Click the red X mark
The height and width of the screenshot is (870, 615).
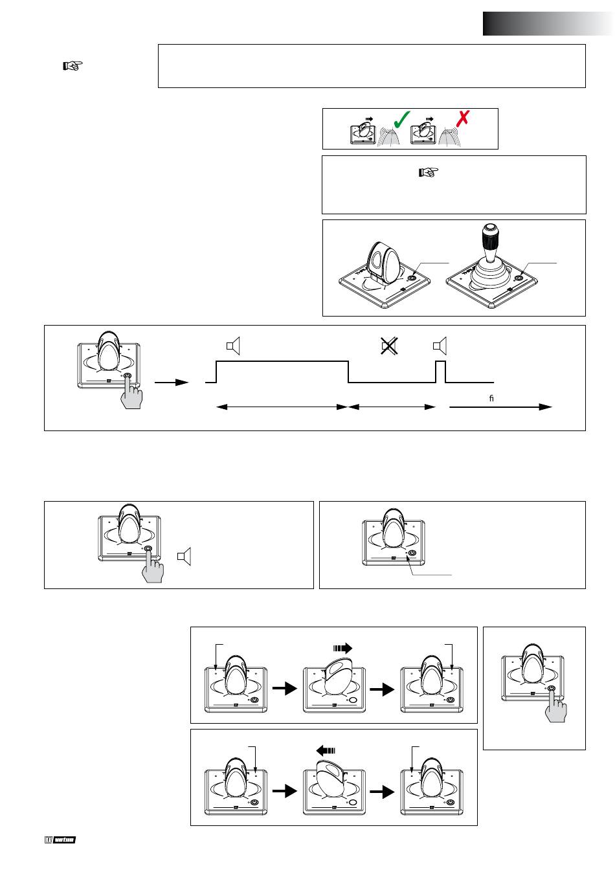point(463,118)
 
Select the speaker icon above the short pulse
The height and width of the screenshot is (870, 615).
point(440,347)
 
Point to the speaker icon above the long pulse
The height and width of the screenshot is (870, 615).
point(233,347)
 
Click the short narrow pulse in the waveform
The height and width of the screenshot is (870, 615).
point(441,372)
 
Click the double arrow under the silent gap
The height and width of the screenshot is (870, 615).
point(392,407)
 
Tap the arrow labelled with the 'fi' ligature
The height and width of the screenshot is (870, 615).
point(500,407)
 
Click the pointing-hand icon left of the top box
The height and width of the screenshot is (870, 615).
point(73,65)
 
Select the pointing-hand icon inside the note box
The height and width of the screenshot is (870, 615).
point(429,172)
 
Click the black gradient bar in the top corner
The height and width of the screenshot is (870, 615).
point(548,23)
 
